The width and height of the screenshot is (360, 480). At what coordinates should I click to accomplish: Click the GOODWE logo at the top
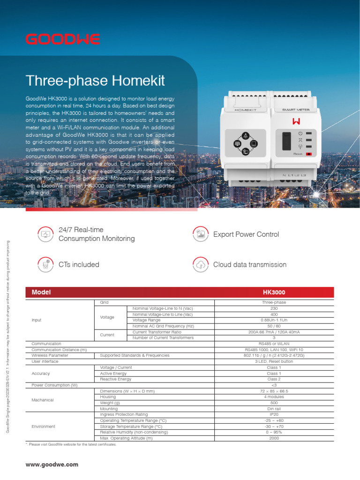[63, 39]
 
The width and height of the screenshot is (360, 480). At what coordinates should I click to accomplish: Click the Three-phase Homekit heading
[96, 81]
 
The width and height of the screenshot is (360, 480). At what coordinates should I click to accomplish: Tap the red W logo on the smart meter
[296, 122]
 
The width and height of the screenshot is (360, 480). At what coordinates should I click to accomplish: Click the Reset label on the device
[298, 153]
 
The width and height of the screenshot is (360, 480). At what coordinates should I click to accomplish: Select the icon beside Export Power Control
[201, 234]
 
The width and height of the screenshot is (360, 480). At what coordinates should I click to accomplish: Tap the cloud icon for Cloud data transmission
[201, 265]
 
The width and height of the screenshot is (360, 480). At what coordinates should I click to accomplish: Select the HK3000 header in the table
[274, 292]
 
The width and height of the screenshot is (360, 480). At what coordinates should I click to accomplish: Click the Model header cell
[41, 292]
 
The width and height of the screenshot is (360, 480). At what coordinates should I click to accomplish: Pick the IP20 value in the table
[274, 415]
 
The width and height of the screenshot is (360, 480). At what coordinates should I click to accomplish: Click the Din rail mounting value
[274, 409]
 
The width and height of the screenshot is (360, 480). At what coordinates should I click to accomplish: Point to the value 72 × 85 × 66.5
[274, 391]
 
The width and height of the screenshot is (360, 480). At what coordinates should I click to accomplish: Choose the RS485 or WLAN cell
[274, 344]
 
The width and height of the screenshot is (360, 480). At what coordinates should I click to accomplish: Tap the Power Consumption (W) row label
[54, 385]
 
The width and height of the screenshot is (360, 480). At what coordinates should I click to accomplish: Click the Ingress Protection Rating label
[124, 415]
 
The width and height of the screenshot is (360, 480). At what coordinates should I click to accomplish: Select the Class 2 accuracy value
[274, 379]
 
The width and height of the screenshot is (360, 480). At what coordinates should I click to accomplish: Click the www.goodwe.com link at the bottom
[52, 465]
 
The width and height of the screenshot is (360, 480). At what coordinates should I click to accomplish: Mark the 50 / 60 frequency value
[274, 326]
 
